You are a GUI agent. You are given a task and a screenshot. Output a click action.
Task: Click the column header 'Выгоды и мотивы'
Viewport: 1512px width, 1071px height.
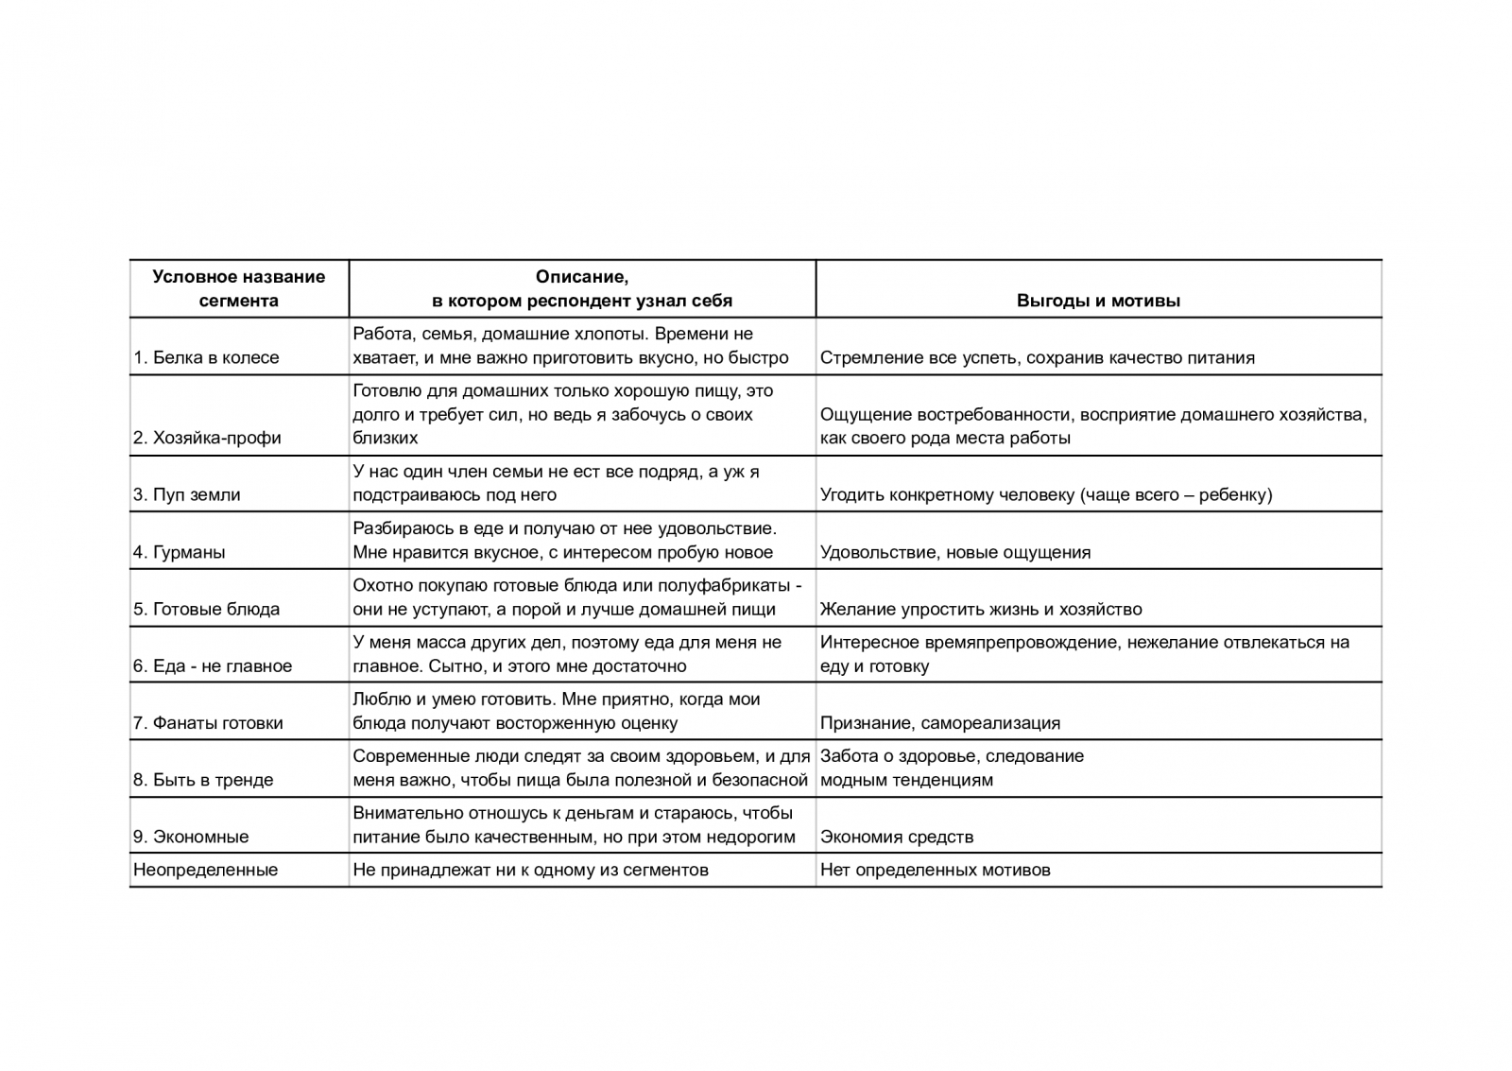coord(1098,302)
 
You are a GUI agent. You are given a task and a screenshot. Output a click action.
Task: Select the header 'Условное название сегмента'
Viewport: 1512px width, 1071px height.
coord(238,288)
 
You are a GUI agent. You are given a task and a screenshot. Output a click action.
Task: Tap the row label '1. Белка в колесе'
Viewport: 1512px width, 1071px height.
coord(206,358)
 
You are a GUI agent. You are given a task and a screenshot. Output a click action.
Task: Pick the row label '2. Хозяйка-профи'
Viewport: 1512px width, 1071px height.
coord(207,438)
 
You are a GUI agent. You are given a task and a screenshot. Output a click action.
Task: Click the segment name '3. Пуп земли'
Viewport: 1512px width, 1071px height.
coord(187,494)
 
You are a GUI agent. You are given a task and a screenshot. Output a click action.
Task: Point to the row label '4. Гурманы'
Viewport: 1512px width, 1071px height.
coord(180,552)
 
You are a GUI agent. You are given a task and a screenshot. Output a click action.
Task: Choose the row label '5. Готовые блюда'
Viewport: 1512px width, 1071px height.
coord(206,609)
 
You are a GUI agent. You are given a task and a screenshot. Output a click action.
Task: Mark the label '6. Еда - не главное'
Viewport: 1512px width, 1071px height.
coord(213,665)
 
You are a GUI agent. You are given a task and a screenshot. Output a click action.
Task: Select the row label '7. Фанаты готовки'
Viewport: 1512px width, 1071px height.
coord(208,723)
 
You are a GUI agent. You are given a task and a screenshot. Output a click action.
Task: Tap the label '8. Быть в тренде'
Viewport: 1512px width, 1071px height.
coord(203,780)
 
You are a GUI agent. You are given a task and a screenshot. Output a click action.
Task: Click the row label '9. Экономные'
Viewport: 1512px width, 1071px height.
coord(191,837)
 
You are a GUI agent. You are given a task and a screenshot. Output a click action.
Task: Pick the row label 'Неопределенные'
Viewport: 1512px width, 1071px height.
coord(205,870)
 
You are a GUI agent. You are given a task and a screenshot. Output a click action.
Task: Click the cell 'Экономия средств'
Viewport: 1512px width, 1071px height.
coord(896,837)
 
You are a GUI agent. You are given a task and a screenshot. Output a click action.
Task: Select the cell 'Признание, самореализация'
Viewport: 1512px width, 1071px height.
coord(939,723)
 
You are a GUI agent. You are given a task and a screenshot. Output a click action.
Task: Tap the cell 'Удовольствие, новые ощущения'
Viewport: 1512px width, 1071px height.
coord(954,552)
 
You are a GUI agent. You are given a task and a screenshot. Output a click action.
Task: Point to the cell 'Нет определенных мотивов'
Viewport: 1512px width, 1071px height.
coord(935,870)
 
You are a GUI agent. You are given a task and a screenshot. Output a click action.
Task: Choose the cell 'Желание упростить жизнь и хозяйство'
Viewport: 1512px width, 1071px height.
coord(981,609)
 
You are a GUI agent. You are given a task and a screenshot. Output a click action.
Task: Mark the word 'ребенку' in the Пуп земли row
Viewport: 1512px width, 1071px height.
coord(1232,494)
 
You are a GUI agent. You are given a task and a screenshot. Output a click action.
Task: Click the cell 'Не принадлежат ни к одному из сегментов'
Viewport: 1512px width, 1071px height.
coord(530,870)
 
